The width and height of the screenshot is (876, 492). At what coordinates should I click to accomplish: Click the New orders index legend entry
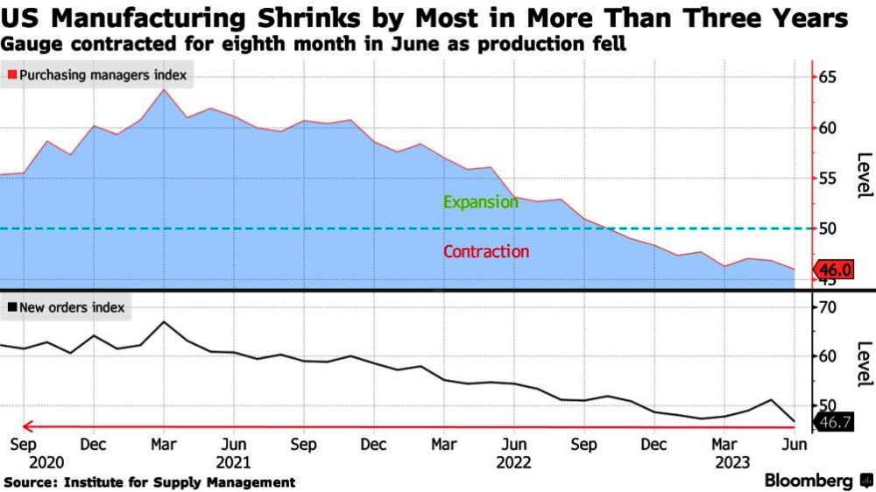(66, 307)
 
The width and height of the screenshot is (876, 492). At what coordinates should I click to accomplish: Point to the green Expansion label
(480, 202)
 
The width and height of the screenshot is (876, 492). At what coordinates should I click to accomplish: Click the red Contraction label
(486, 252)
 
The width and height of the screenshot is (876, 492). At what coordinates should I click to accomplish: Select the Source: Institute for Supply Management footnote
(150, 482)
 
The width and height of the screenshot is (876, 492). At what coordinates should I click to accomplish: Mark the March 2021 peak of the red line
(165, 90)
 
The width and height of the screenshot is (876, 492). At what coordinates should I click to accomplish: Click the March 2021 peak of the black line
(165, 322)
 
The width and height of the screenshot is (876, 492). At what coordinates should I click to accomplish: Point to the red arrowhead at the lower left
(27, 426)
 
